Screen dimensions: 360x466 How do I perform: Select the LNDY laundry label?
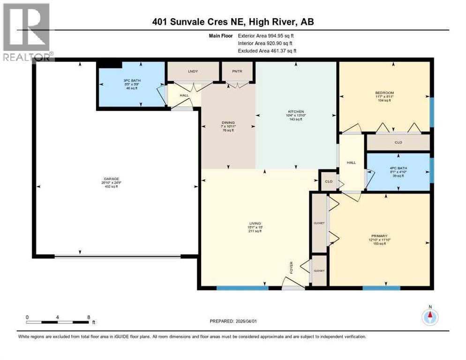(192, 71)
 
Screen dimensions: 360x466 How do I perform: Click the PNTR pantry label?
(237, 71)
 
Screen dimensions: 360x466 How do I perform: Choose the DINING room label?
(228, 123)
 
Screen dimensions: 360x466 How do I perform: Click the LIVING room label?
(255, 224)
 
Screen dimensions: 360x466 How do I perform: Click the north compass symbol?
(430, 317)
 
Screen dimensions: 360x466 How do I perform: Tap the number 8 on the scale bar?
(89, 317)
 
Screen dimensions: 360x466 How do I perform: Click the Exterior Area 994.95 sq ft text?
(267, 35)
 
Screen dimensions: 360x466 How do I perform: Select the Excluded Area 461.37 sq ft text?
(267, 51)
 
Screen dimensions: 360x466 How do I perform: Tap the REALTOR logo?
(27, 31)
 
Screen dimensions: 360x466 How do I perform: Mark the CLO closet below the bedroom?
(398, 142)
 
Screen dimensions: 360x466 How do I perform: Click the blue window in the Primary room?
(381, 287)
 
